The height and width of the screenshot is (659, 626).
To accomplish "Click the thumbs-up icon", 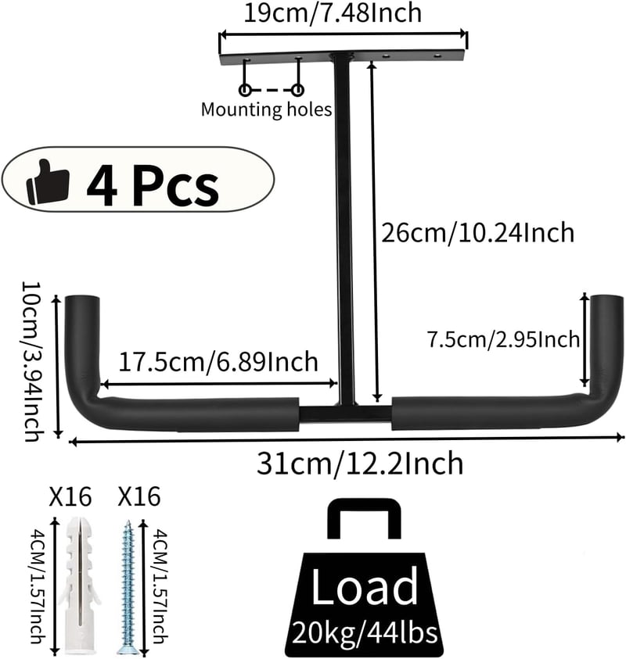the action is [48, 181].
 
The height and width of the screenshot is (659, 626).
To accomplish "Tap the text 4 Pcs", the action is [153, 185].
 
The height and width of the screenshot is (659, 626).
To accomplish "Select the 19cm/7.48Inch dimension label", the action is [333, 13].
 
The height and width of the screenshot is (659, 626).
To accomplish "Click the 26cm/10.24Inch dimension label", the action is [477, 232].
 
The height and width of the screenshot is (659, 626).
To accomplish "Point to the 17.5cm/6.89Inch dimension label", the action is [218, 362].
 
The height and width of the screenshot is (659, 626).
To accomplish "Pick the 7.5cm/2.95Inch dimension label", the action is [504, 339].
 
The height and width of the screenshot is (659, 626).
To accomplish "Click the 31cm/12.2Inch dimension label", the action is [360, 463].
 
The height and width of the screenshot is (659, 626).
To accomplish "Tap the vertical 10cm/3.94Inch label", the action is [32, 361].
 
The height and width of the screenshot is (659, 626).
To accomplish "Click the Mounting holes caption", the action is [266, 109].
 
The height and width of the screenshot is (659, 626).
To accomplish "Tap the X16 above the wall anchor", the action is [70, 496].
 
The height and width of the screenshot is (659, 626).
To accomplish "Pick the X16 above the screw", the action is [139, 496].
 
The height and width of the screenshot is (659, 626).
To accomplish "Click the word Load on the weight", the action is [365, 586].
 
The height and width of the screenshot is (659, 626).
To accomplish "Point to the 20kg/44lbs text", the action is [365, 632].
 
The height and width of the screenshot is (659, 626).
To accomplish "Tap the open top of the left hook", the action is [82, 299].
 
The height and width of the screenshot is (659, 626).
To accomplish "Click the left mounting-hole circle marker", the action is [245, 90].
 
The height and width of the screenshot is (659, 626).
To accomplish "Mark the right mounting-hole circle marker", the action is [298, 90].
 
